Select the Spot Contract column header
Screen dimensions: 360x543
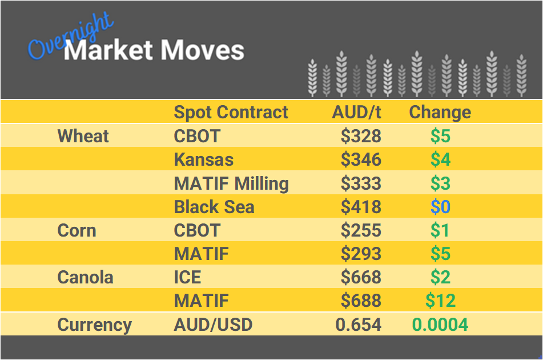[231, 112]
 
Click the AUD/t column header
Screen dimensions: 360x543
[356, 112]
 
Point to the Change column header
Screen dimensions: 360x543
[440, 112]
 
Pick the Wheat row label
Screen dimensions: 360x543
[83, 136]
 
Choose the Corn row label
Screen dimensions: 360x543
[77, 230]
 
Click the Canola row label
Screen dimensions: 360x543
[85, 278]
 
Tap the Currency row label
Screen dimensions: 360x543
[94, 325]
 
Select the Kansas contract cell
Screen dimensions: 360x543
[204, 159]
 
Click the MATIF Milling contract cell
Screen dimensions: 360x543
[231, 183]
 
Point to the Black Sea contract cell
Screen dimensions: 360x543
[214, 207]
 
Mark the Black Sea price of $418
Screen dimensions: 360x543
[361, 207]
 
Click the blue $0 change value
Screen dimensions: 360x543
[440, 207]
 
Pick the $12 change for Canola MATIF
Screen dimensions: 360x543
[440, 301]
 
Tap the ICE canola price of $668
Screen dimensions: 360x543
[361, 278]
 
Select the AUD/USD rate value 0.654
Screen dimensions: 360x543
[358, 325]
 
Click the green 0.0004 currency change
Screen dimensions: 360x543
[440, 325]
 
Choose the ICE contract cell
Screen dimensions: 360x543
[187, 278]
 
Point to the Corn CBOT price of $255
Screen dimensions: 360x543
[361, 230]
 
